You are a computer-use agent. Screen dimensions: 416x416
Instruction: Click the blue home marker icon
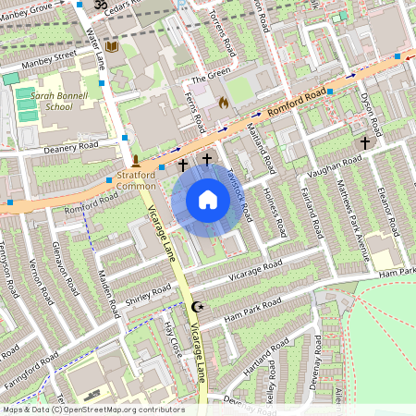point(208,200)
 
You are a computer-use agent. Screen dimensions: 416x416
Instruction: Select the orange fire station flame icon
point(222,104)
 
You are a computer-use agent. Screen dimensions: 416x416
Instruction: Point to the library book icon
point(112,46)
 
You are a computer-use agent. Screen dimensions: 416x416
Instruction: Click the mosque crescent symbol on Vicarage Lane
point(195,306)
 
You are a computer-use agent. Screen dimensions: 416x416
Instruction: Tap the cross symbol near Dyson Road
point(365,143)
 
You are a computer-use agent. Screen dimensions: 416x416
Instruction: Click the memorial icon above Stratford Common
point(135,162)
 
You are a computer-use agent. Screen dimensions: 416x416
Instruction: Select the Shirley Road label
point(149,293)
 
